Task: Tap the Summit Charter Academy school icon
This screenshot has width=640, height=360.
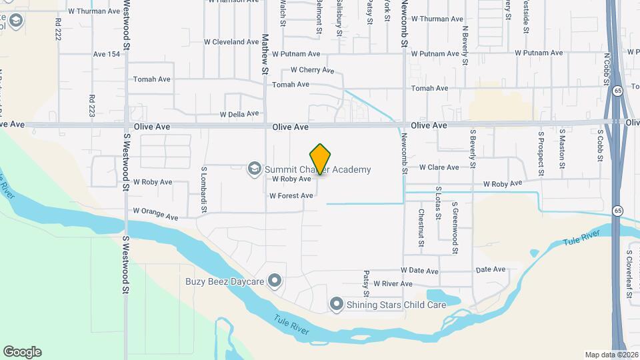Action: click(253, 169)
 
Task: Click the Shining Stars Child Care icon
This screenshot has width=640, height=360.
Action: click(337, 305)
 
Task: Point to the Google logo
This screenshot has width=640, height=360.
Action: click(22, 351)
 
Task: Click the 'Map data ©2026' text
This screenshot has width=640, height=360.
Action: click(611, 355)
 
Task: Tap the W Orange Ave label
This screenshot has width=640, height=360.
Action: click(155, 213)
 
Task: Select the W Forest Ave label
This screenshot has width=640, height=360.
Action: click(291, 196)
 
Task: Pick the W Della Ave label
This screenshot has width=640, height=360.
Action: click(239, 114)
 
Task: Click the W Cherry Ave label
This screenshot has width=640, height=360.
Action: click(312, 70)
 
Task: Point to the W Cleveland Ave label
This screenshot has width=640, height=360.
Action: click(231, 41)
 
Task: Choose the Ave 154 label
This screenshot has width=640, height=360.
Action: click(107, 54)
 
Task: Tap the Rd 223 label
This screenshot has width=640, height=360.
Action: click(91, 106)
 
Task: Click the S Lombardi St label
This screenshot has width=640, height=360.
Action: click(205, 190)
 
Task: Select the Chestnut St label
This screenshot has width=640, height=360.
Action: click(421, 227)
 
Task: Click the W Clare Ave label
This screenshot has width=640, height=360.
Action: click(439, 167)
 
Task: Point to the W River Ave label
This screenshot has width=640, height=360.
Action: click(394, 283)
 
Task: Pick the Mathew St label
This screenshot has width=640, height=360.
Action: click(265, 54)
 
